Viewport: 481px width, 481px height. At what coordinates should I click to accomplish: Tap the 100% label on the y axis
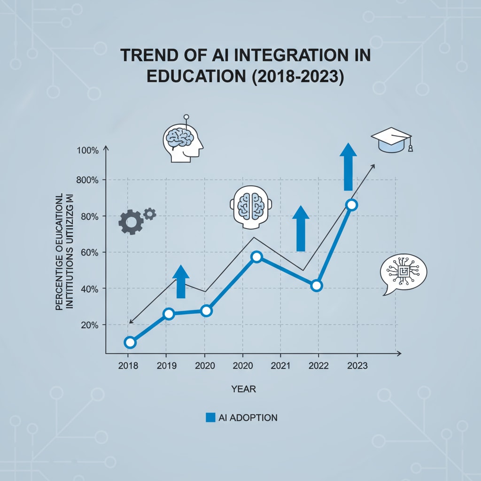(88, 150)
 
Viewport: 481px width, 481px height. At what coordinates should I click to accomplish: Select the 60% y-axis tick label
(89, 252)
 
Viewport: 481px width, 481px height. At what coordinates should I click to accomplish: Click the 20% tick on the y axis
(89, 325)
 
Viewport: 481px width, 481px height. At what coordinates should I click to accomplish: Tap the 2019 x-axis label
(167, 365)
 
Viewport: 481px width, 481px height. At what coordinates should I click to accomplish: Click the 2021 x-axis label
(280, 365)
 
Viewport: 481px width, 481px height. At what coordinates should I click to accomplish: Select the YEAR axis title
(243, 389)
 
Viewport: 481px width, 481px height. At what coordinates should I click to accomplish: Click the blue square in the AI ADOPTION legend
(210, 417)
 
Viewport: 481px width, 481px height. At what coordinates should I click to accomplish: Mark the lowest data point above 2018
(130, 342)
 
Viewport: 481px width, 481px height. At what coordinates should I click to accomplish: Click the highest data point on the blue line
(351, 205)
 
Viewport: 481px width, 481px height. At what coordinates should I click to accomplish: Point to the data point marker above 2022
(316, 286)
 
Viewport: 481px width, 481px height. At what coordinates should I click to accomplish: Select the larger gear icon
(130, 222)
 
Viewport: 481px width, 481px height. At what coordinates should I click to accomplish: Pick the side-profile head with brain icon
(182, 140)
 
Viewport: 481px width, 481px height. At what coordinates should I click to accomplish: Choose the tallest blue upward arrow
(348, 167)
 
